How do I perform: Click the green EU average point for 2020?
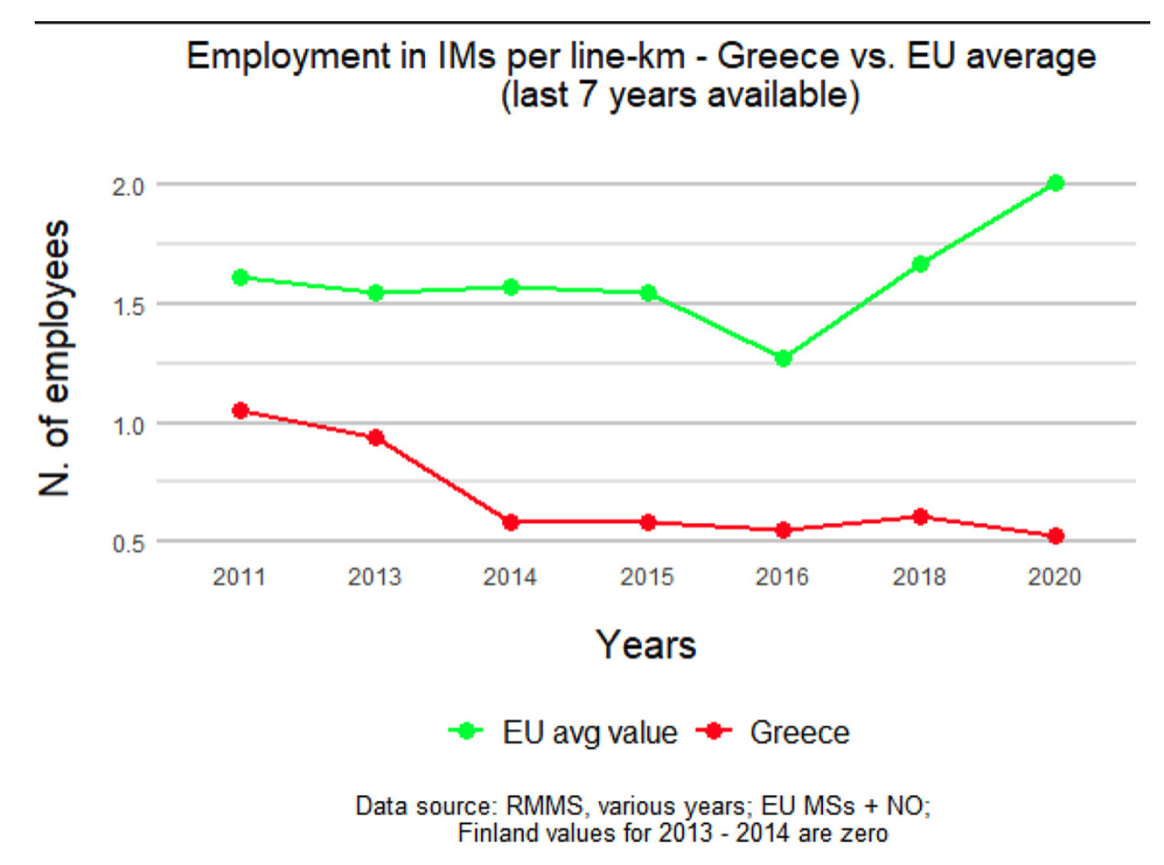coord(1056,183)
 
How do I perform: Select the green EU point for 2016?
coord(783,358)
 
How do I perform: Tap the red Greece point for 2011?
coord(240,411)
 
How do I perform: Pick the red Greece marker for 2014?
coord(511,522)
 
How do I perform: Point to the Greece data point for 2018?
coord(921,517)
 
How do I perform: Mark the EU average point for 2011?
coord(240,277)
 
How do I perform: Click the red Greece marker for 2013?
coord(375,437)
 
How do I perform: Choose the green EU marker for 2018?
coord(921,264)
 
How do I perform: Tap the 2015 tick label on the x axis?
coord(647,578)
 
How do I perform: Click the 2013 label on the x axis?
coord(375,578)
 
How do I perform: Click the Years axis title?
coord(646,645)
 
